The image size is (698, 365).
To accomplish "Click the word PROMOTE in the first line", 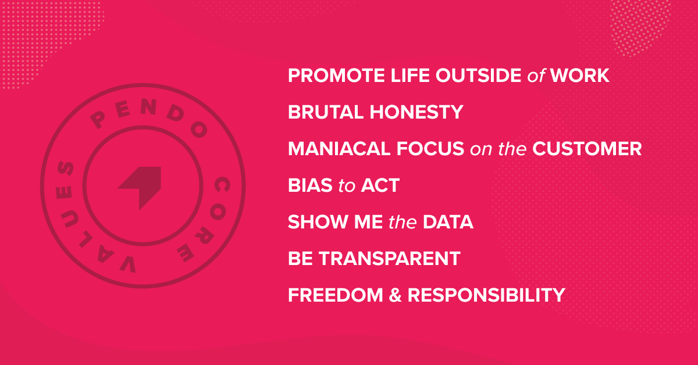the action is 336,76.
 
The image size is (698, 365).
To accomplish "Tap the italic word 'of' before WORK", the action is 536,76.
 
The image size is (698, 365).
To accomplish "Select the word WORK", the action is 580,76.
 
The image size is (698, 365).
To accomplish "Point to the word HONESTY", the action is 416,112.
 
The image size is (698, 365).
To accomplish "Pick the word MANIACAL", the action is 339,149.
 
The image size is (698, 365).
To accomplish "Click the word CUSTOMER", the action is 587,149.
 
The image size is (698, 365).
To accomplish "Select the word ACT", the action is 380,185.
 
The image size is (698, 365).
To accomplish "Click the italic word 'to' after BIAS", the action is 347,186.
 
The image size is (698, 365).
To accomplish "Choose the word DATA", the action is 448,222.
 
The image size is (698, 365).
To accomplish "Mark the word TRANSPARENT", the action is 390,259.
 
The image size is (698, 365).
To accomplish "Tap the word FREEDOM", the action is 335,295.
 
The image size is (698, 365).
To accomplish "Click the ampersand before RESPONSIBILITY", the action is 395,295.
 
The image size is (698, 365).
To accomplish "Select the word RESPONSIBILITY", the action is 486,295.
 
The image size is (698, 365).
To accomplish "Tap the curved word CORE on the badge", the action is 212,218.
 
